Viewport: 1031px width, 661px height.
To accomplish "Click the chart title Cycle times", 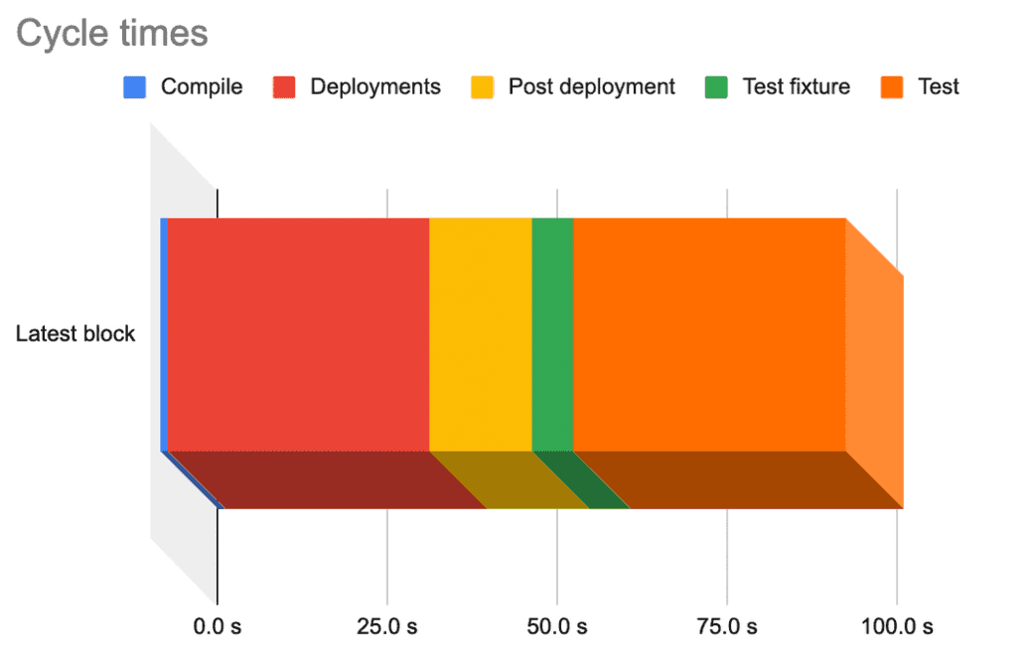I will point(112,33).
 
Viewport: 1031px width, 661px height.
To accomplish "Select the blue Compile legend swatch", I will point(134,87).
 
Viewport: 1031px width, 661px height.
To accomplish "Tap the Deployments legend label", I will point(374,87).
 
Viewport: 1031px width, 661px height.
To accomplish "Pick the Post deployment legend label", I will point(591,87).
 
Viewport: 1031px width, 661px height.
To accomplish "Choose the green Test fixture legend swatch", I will point(716,87).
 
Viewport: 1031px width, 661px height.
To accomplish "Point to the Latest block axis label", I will point(75,333).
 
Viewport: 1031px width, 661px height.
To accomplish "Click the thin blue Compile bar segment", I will point(164,333).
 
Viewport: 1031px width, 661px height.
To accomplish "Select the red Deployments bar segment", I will point(298,333).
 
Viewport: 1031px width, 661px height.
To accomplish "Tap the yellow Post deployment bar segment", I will point(480,333).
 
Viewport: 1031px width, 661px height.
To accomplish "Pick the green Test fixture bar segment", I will point(552,333).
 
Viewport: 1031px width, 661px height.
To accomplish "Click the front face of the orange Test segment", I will point(708,333).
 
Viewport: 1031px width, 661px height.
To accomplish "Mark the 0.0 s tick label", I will point(217,627).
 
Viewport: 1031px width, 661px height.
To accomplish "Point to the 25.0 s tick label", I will point(386,627).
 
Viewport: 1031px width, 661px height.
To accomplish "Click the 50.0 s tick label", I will point(556,627).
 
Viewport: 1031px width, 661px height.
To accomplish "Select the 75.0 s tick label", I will point(727,627).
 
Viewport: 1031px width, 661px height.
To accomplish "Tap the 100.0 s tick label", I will point(896,627).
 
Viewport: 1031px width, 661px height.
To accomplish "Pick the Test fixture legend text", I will point(796,87).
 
